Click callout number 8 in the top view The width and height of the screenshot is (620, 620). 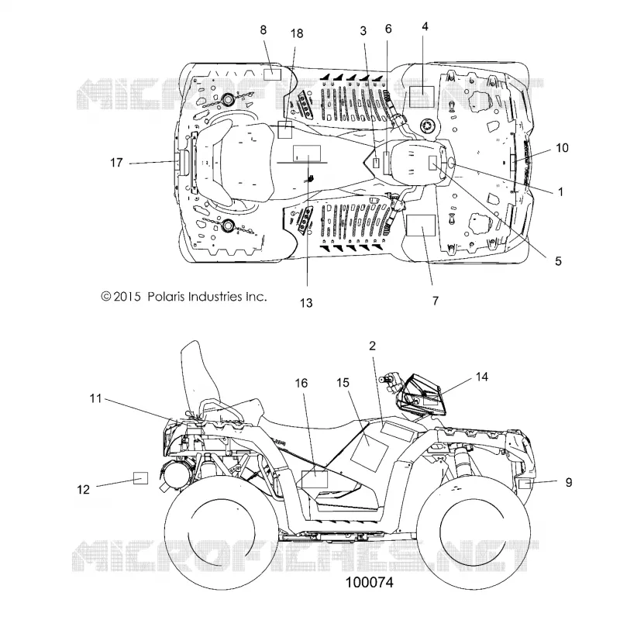point(263,30)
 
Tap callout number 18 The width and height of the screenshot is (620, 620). point(297,33)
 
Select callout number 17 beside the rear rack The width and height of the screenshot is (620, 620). point(117,163)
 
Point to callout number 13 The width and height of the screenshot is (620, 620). point(306,303)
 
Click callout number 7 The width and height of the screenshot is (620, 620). point(436,301)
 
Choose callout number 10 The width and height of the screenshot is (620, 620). point(563,148)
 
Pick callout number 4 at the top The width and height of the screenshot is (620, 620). point(425,26)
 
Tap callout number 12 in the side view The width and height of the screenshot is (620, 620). point(83,490)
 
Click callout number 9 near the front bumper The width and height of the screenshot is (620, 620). point(569,482)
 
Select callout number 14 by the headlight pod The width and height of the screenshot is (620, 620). point(481,377)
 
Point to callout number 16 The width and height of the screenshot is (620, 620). point(301,383)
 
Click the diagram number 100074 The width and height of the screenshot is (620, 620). point(370,583)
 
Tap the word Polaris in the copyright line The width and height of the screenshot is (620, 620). point(166,297)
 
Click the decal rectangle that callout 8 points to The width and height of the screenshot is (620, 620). point(272,74)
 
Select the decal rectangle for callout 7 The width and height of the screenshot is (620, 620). point(421,226)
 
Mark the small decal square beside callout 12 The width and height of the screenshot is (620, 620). point(140,478)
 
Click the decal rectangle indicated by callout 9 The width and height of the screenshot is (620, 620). point(525,483)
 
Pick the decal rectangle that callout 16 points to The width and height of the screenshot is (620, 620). point(315,479)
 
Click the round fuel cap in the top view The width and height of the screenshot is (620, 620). point(429,126)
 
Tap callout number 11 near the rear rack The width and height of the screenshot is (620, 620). point(95,398)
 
